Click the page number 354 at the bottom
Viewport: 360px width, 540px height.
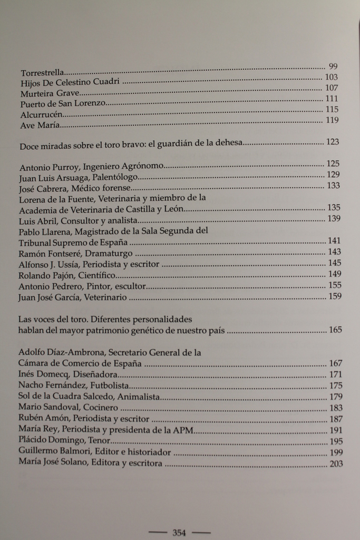click(x=179, y=533)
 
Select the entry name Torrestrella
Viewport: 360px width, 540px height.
click(x=42, y=72)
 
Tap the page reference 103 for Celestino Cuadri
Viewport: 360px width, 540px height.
click(x=332, y=77)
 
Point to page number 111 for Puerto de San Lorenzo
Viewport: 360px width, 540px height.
click(x=332, y=99)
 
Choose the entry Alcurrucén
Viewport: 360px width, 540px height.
click(x=42, y=114)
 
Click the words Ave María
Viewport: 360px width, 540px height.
click(x=40, y=126)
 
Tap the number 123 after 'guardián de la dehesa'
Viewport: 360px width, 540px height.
click(x=333, y=142)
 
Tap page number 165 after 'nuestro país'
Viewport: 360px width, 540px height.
click(x=335, y=330)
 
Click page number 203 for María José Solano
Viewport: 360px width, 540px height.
click(x=335, y=464)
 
